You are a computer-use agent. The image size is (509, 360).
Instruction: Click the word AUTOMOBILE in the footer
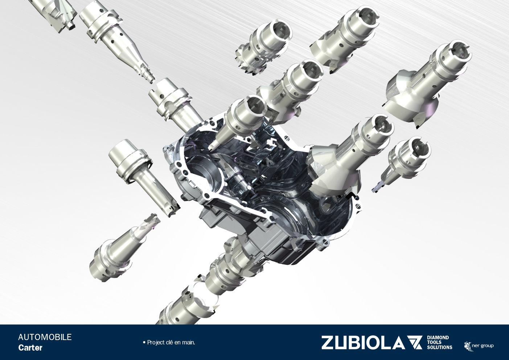(x=45, y=337)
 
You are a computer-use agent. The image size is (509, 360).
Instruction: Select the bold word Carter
(x=30, y=348)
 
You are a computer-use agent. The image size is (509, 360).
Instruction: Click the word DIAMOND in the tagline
(x=438, y=338)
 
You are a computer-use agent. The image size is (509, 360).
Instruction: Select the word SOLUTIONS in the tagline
(x=439, y=348)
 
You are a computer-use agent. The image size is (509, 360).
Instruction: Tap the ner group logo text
(x=483, y=346)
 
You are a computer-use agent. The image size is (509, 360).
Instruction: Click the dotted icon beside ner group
(x=468, y=346)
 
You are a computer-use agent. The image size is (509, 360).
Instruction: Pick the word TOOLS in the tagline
(x=434, y=343)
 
